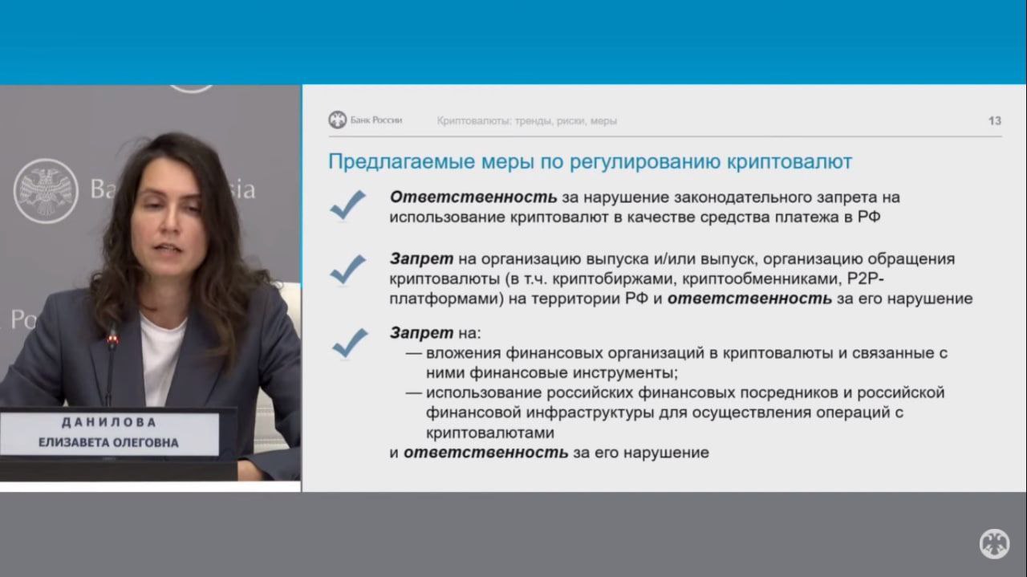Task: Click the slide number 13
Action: point(994,120)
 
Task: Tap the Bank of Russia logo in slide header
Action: point(338,120)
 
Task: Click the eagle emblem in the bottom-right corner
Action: point(994,544)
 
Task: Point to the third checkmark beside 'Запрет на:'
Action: point(350,343)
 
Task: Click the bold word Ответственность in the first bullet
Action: point(473,197)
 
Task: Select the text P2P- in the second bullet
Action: point(865,278)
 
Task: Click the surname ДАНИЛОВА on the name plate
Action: point(109,422)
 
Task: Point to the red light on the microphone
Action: point(112,339)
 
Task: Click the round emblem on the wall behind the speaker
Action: point(46,191)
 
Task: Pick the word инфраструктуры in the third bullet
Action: point(590,412)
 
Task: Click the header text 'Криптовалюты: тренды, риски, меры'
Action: point(526,121)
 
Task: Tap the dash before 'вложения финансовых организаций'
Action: point(413,353)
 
